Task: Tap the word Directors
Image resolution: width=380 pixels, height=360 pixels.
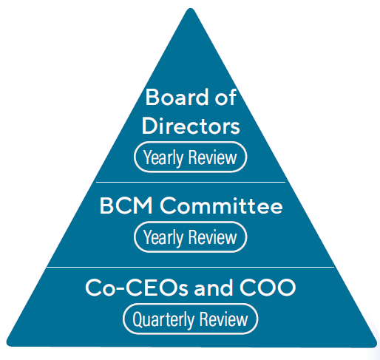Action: (191, 126)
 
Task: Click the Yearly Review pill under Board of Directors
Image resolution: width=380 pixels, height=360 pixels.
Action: (190, 157)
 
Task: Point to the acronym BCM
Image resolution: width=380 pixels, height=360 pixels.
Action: (126, 206)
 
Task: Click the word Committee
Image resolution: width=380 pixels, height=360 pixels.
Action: (221, 206)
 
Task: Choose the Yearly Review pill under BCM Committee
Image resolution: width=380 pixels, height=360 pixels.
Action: (190, 237)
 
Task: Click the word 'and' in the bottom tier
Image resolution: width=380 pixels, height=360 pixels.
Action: (214, 288)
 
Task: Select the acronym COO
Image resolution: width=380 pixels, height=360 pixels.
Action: (268, 288)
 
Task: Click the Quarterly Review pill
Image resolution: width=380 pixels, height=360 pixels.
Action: (190, 319)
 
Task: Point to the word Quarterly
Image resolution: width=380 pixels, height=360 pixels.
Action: (163, 319)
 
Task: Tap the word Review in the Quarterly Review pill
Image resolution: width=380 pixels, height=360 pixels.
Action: (223, 319)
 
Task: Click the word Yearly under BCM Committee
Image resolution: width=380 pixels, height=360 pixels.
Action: (163, 237)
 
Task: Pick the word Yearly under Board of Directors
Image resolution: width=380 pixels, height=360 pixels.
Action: (163, 157)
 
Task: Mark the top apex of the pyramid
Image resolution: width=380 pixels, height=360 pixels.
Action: (191, 8)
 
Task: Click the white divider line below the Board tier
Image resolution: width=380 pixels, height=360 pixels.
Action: (191, 183)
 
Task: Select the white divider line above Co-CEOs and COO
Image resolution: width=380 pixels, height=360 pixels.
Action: (191, 267)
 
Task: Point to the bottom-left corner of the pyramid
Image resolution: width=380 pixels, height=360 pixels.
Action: (7, 344)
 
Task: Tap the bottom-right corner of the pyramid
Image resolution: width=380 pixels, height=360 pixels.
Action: (375, 345)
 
